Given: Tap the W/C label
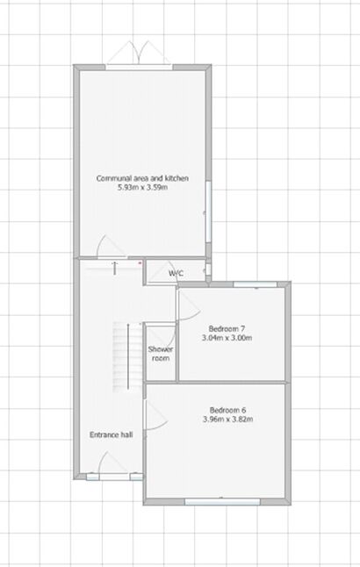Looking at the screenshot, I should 176,274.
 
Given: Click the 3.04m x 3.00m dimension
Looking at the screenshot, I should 227,337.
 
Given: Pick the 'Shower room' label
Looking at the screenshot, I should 161,353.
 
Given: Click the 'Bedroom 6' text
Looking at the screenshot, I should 227,409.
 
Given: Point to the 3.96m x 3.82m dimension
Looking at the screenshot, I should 227,419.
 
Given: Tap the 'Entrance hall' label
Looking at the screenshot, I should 111,434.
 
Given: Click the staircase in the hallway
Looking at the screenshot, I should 126,355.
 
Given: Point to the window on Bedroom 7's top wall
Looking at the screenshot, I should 252,283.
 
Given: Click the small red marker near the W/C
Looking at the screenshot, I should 140,261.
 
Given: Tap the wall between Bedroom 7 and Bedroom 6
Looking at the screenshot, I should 233,382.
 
